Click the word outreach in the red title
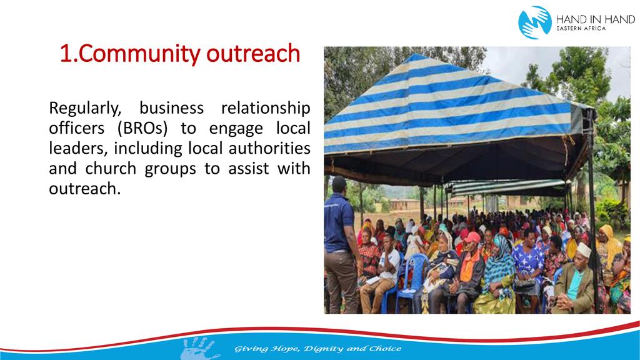(x=254, y=54)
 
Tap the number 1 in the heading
(x=66, y=54)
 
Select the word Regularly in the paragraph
(x=85, y=109)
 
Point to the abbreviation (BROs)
(x=142, y=129)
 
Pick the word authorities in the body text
(x=269, y=148)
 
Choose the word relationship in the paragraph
(x=266, y=109)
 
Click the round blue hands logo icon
(x=535, y=22)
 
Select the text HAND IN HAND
(x=596, y=19)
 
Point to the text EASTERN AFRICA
(x=581, y=29)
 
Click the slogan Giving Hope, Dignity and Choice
(x=317, y=349)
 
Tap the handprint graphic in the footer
(x=198, y=348)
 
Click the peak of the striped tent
(x=416, y=55)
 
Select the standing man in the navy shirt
(x=341, y=244)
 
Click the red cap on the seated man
(x=472, y=237)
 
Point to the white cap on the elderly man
(x=584, y=250)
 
